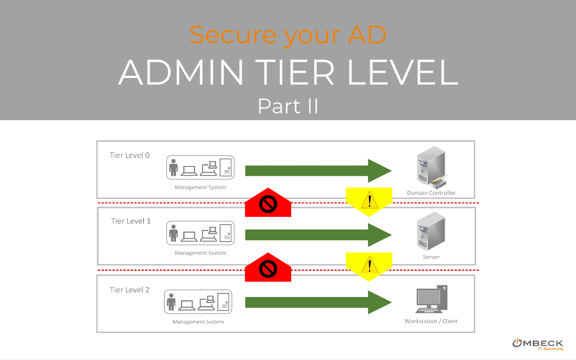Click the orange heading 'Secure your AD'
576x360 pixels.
[288, 35]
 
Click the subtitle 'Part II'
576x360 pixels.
[288, 106]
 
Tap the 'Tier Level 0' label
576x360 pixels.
[130, 155]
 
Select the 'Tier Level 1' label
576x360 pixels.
[131, 221]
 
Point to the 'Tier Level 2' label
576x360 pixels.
[130, 290]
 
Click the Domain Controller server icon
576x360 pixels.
[431, 167]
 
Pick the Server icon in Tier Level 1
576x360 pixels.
[431, 231]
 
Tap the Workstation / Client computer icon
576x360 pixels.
[431, 299]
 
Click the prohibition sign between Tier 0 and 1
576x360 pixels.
[268, 205]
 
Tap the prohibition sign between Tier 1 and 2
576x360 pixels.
[268, 270]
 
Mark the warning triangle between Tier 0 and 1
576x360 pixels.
[369, 199]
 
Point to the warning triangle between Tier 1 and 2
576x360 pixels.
[369, 265]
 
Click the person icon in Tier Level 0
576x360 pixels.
[173, 167]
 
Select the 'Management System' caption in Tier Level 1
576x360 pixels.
[200, 253]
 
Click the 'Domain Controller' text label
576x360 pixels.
[431, 193]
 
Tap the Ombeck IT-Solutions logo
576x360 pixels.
[538, 344]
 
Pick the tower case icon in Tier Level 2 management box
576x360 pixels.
[224, 301]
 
